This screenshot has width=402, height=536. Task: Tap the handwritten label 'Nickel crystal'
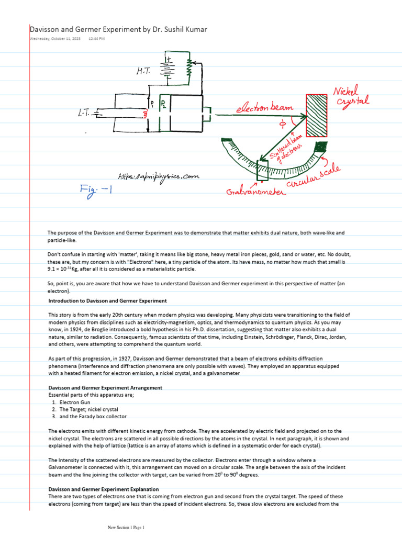point(351,97)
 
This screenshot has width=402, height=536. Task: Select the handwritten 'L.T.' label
point(81,113)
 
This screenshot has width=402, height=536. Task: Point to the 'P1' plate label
point(152,103)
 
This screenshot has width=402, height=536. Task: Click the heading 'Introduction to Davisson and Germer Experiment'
point(107,301)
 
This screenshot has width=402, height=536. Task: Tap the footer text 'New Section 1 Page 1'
point(126,528)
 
